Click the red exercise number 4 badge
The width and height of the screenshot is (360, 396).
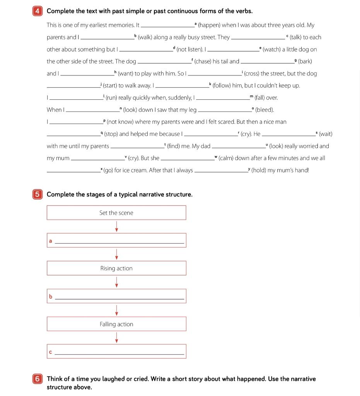(37, 11)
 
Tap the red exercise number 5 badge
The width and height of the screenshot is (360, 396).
(37, 195)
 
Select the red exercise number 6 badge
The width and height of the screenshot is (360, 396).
(37, 379)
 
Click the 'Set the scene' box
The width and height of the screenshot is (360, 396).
(116, 213)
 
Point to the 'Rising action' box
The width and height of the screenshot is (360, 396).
(116, 268)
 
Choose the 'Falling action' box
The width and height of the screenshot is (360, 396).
(116, 324)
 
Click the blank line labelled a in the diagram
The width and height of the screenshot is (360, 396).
(119, 241)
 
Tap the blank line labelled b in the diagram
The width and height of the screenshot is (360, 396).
(119, 297)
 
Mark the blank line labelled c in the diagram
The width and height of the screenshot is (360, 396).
(119, 352)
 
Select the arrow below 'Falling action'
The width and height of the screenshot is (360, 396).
(116, 338)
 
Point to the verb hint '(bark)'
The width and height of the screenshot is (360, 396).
(305, 61)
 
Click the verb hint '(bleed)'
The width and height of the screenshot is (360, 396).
(264, 110)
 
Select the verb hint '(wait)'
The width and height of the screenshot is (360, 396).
(326, 134)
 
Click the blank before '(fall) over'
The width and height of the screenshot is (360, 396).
(223, 98)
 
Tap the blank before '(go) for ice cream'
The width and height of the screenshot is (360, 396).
(73, 171)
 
